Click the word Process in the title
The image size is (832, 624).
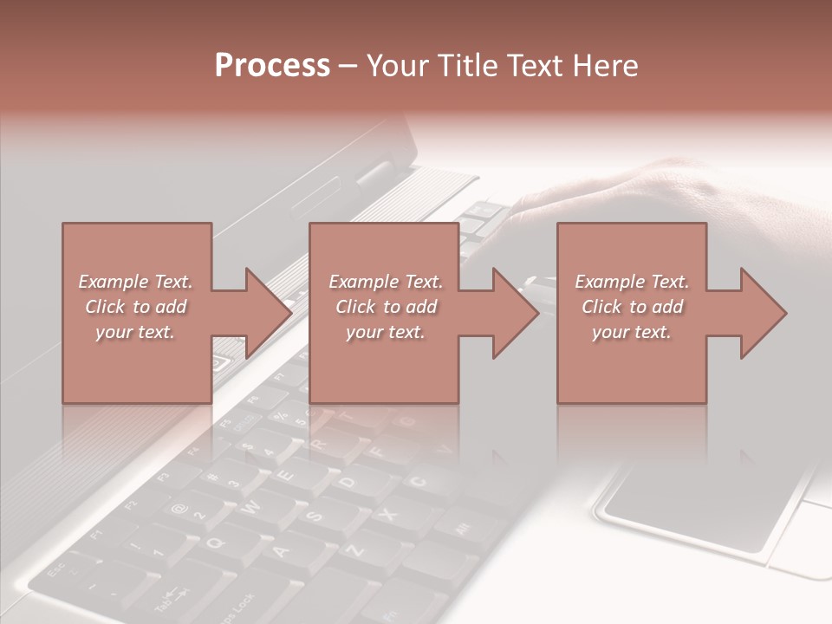pos(272,65)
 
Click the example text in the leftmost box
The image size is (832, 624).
pos(136,306)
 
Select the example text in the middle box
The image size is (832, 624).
pos(385,306)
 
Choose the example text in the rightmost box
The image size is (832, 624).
pos(632,306)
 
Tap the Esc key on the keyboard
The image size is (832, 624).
pos(59,572)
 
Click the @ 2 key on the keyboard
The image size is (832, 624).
pos(185,511)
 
